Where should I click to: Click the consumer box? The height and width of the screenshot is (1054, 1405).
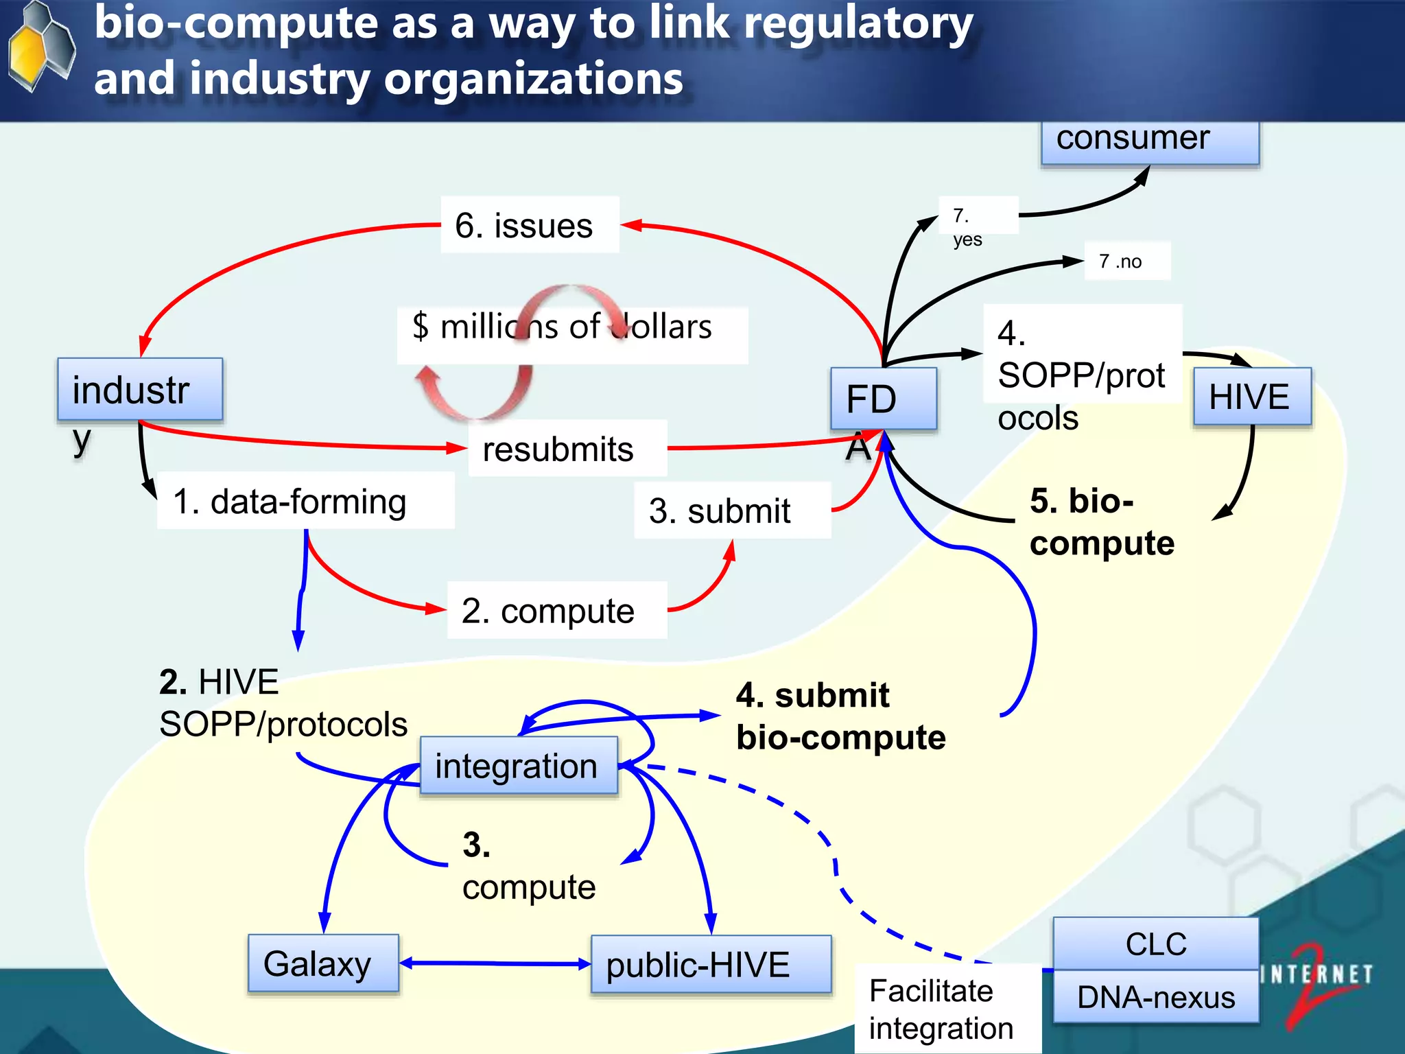click(x=1150, y=141)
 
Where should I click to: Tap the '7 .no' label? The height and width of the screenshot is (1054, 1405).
click(x=1126, y=261)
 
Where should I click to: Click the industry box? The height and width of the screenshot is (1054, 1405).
click(x=140, y=389)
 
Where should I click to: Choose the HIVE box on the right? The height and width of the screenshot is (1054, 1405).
click(x=1251, y=397)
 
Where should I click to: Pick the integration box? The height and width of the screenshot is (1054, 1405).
click(x=519, y=765)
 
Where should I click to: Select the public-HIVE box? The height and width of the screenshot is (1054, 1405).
click(x=711, y=964)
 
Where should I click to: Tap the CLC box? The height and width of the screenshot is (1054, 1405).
click(x=1155, y=944)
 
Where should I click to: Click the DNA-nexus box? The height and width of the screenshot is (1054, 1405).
click(x=1155, y=996)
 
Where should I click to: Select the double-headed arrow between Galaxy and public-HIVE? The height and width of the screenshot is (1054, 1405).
click(x=494, y=963)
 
